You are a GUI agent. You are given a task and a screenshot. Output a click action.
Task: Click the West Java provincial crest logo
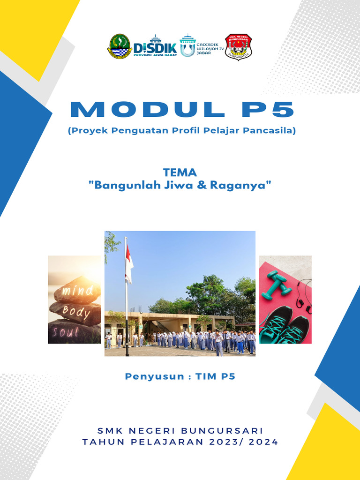click(120, 46)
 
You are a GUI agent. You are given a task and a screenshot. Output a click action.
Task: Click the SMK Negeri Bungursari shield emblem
click(239, 46)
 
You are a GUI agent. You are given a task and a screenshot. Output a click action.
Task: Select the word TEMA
click(180, 172)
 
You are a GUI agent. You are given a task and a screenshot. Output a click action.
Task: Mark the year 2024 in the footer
click(263, 442)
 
